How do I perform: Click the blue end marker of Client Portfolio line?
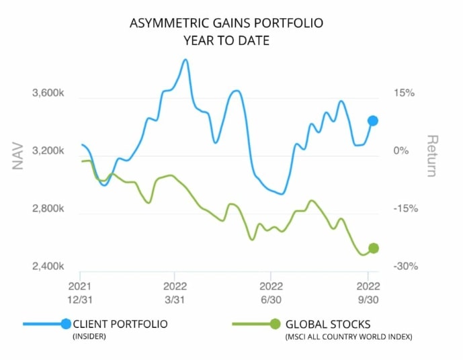pyautogui.click(x=372, y=121)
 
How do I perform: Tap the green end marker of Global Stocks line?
pyautogui.click(x=374, y=248)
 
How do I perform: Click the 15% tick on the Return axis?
pyautogui.click(x=405, y=93)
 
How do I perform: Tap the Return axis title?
pyautogui.click(x=432, y=156)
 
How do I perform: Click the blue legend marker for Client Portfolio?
pyautogui.click(x=65, y=324)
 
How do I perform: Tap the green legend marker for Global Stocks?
pyautogui.click(x=275, y=324)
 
